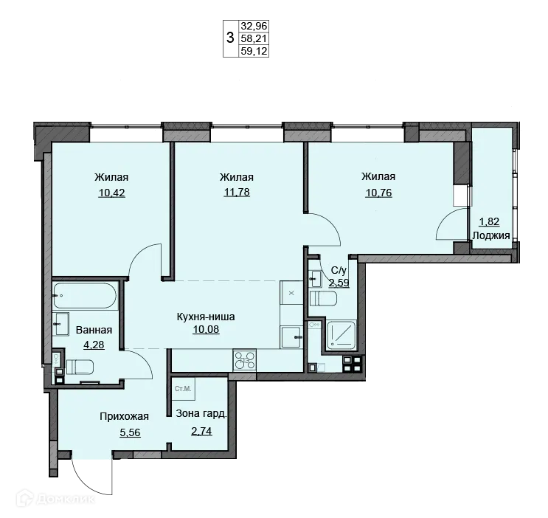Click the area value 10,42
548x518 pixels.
coord(111,193)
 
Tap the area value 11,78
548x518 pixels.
coord(237,192)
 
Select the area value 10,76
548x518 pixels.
coord(378,193)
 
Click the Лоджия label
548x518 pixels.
coord(491,235)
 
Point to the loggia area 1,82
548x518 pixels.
coord(489,221)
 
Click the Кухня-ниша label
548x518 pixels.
coord(206,317)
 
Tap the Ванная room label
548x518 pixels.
coord(94,330)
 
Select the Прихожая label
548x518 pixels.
coord(125,416)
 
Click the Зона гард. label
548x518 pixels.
coord(201,413)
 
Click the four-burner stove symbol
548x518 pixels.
coord(245,360)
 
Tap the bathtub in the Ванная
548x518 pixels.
coord(85,296)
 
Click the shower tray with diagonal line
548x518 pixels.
coord(341,336)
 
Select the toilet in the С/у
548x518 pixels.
coord(323,299)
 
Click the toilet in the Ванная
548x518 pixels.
coord(80,367)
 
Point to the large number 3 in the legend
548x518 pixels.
coord(230,37)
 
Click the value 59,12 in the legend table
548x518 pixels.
coord(254,51)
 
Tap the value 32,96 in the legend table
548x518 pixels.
coord(254,26)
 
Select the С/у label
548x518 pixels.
coord(339,270)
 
